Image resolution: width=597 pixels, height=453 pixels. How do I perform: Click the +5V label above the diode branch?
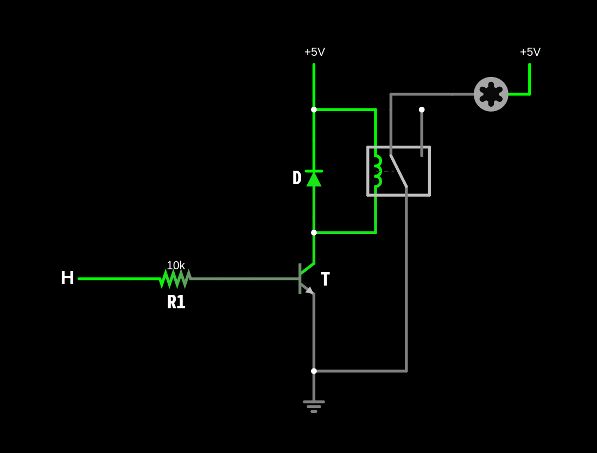(314, 51)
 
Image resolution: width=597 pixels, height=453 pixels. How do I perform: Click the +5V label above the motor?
(530, 51)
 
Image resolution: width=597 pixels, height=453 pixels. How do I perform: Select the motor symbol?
(491, 94)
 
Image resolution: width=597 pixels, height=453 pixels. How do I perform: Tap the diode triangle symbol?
(314, 178)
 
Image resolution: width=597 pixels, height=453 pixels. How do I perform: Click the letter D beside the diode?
(297, 178)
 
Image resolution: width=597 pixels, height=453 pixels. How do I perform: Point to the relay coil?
(377, 171)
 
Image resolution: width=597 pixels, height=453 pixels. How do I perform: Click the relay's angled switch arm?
(399, 171)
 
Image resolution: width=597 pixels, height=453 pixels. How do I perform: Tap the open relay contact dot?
(422, 109)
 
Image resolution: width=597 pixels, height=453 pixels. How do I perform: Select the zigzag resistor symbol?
(175, 279)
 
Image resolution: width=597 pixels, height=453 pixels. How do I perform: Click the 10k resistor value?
(176, 266)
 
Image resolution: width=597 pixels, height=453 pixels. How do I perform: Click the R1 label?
(176, 302)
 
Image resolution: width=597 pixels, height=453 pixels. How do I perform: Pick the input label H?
(67, 278)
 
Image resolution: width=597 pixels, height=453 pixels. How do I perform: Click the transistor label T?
(325, 279)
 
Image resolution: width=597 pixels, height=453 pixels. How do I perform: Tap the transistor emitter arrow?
(310, 291)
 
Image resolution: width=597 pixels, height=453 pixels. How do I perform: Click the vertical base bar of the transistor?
(300, 279)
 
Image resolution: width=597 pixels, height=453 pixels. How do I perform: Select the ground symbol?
(314, 406)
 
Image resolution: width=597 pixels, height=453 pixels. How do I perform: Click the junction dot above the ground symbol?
(314, 371)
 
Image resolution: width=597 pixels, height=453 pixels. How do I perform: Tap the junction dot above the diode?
(314, 109)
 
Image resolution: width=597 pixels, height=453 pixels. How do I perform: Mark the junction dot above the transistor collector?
(314, 232)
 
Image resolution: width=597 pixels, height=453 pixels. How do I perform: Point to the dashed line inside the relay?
(387, 171)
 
